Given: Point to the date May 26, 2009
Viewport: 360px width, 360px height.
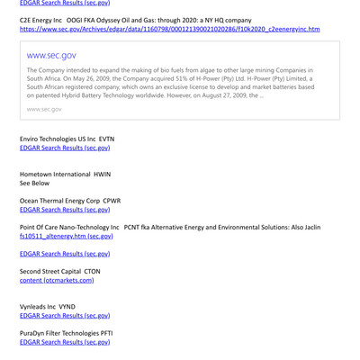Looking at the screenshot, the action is coord(106,78).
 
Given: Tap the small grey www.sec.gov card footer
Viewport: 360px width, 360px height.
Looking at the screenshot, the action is coord(44,109).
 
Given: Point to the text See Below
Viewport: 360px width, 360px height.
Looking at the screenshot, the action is coord(35,183).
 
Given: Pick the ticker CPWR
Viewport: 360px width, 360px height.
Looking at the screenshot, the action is coord(112,201).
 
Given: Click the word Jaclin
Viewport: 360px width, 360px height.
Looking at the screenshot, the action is coord(310,227).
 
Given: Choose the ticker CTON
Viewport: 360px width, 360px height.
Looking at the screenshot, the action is coord(92,271).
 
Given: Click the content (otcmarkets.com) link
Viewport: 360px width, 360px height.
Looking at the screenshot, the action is coord(57,280).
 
